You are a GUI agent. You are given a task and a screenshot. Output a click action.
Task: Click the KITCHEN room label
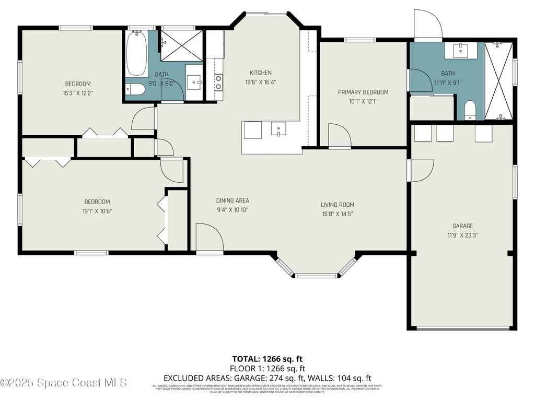[x=260, y=73]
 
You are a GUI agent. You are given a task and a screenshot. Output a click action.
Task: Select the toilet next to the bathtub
[x=135, y=89]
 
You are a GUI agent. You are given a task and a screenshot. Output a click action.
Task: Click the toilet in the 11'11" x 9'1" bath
[x=469, y=110]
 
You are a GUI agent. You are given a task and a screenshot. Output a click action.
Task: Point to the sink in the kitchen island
[x=278, y=128]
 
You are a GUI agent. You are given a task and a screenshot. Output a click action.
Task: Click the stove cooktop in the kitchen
[x=218, y=81]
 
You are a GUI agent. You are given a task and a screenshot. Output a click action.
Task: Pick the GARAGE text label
[x=462, y=226]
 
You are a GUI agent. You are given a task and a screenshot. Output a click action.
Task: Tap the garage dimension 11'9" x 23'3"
[x=462, y=235]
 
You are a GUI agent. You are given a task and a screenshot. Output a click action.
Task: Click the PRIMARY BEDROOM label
[x=363, y=92]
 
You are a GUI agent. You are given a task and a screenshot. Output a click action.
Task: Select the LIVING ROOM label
[x=338, y=205]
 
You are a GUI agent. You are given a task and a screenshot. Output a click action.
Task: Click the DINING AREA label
[x=232, y=200]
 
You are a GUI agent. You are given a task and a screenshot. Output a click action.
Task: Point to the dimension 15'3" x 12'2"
[x=78, y=93]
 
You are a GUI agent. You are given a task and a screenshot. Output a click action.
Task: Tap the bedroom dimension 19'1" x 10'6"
[x=97, y=211]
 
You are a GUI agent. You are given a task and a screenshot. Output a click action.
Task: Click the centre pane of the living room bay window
[x=316, y=275]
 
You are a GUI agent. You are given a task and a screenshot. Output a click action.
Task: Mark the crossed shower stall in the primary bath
[x=499, y=81]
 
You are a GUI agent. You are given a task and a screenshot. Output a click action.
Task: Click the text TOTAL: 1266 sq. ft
[x=267, y=359]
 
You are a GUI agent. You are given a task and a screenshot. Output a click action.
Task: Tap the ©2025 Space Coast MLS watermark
[x=64, y=383]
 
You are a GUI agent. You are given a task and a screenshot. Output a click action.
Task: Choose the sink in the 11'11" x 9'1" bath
[x=460, y=51]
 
